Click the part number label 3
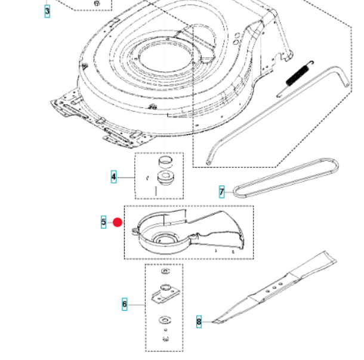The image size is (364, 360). tap(48, 10)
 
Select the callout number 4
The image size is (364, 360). tap(113, 176)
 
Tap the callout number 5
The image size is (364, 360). tap(103, 222)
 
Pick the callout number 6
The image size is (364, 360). tap(124, 305)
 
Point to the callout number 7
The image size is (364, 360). tap(221, 191)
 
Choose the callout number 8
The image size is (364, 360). tap(199, 322)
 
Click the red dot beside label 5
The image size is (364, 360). tap(118, 222)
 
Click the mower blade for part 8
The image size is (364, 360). tap(280, 291)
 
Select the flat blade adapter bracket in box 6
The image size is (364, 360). tap(164, 294)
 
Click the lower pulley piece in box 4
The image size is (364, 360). tap(163, 179)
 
